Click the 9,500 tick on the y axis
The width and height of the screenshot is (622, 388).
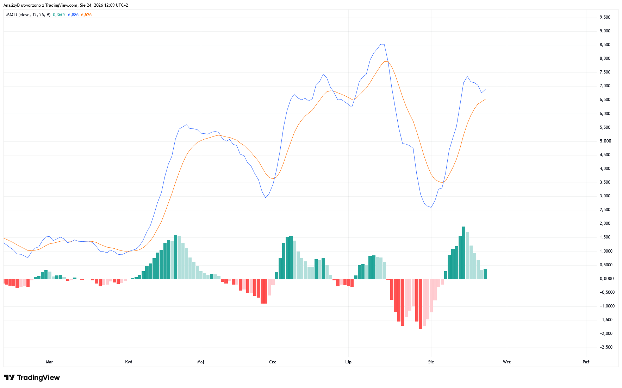605,17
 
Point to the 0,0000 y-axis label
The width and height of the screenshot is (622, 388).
607,279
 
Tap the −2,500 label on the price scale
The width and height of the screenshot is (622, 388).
606,347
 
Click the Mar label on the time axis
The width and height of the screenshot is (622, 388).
50,362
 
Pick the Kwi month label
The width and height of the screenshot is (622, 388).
129,362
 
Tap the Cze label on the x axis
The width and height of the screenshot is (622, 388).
273,362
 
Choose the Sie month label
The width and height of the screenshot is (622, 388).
431,362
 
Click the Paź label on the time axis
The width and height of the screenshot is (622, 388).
586,362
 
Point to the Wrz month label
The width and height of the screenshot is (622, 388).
507,362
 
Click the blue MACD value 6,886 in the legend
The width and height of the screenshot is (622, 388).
73,15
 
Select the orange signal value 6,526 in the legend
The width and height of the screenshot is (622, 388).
86,15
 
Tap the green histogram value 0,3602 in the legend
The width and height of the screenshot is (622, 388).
59,15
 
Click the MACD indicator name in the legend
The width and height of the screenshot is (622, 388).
12,15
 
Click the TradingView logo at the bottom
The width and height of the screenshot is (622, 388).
32,377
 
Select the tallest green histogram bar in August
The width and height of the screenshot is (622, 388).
464,253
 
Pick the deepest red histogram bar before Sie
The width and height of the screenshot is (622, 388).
421,304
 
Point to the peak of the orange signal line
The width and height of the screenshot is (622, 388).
386,62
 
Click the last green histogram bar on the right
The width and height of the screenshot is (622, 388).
485,274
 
